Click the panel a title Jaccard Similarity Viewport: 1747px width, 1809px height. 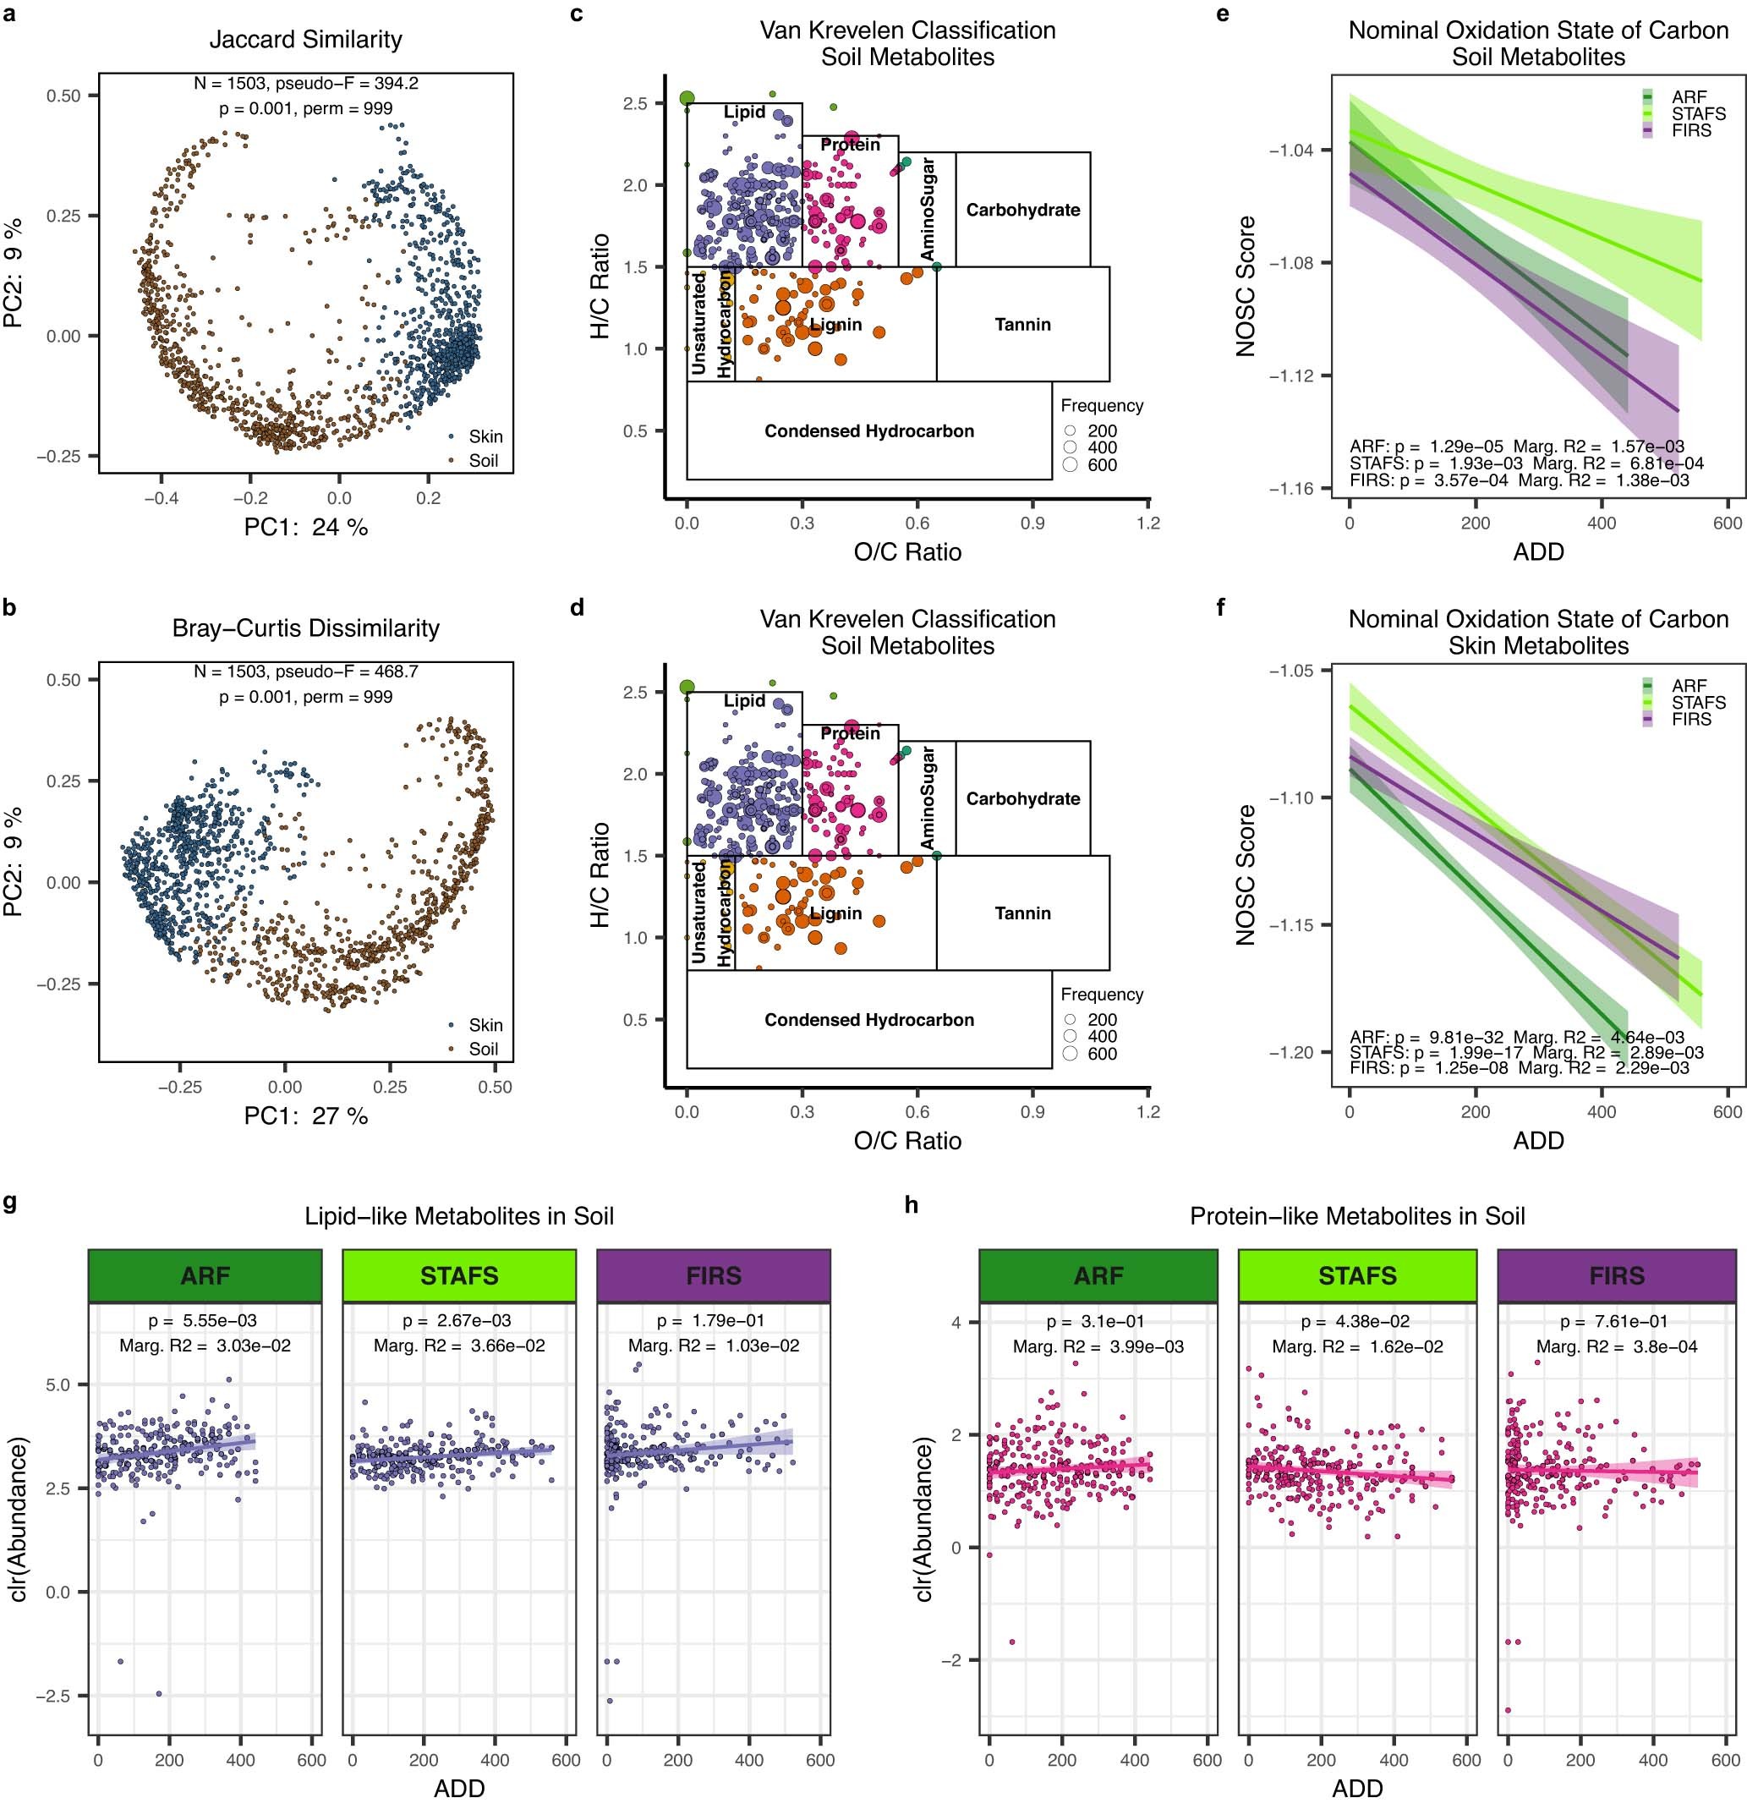pyautogui.click(x=305, y=40)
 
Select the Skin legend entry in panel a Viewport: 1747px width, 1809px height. pyautogui.click(x=485, y=436)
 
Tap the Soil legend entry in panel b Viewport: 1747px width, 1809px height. pyautogui.click(x=483, y=1049)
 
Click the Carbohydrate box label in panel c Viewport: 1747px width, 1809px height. pyautogui.click(x=1022, y=210)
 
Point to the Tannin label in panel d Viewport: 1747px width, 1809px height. pyautogui.click(x=1022, y=913)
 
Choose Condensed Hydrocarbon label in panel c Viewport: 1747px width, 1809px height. pyautogui.click(x=868, y=431)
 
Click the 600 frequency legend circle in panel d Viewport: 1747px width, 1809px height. pyautogui.click(x=1071, y=1053)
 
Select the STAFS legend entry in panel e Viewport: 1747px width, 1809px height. pyautogui.click(x=1697, y=113)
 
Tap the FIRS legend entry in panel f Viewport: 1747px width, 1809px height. pyautogui.click(x=1690, y=719)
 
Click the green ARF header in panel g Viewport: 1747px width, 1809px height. pyautogui.click(x=205, y=1275)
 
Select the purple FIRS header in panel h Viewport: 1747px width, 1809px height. pyautogui.click(x=1616, y=1275)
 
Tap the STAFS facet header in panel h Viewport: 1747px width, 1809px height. pyautogui.click(x=1356, y=1275)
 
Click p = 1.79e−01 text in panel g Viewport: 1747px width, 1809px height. pyautogui.click(x=714, y=1321)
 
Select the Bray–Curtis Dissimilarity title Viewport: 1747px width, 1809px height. pyautogui.click(x=305, y=628)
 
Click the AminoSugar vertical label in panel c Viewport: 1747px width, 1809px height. pyautogui.click(x=928, y=210)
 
